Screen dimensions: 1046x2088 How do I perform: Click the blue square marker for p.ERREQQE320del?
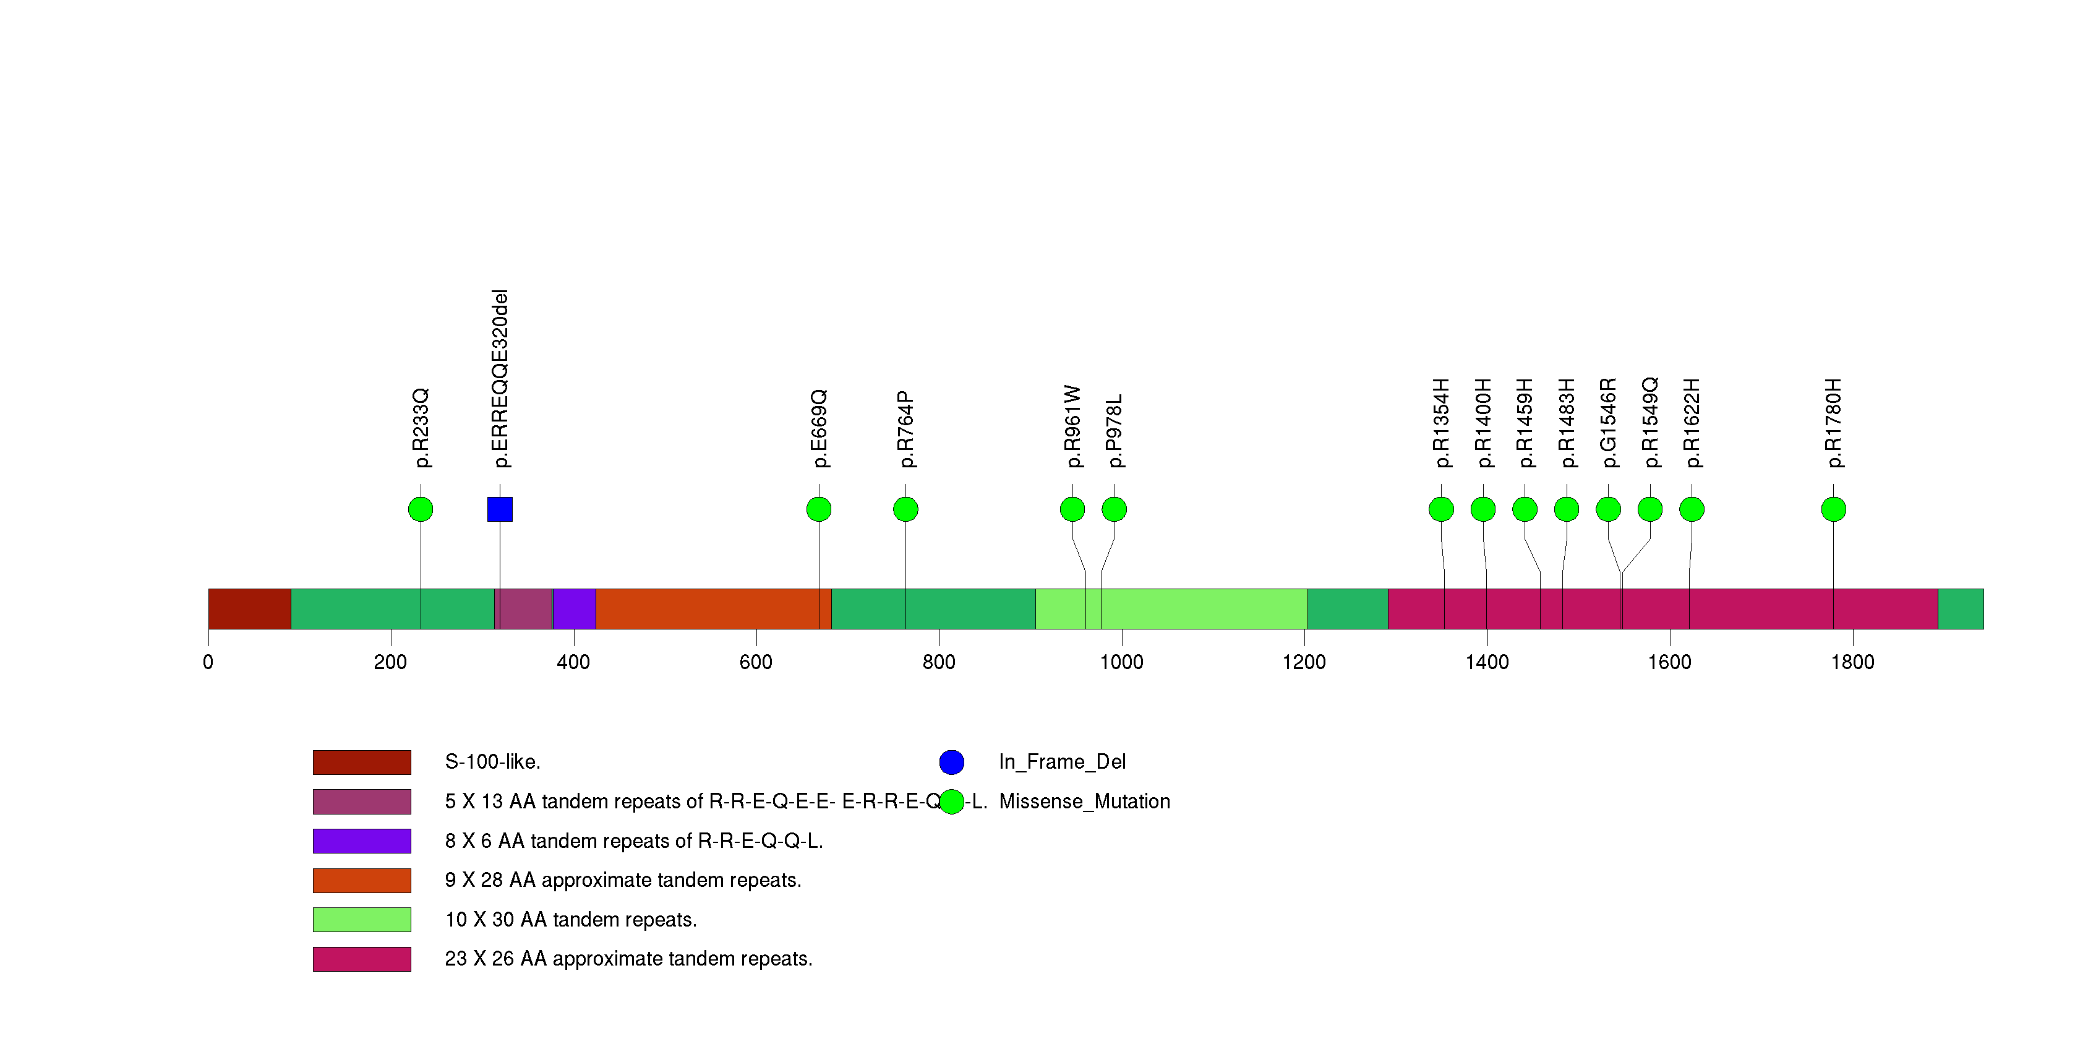(499, 509)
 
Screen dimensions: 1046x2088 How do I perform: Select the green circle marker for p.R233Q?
(420, 509)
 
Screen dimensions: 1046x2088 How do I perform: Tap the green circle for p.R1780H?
(1833, 509)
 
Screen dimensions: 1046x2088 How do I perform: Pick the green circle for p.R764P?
(905, 509)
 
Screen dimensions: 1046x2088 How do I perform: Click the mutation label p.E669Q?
(819, 428)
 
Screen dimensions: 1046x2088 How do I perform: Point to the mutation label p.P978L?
(1115, 431)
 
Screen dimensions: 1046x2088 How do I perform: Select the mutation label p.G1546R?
(1608, 423)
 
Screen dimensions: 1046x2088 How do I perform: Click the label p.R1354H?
(1441, 423)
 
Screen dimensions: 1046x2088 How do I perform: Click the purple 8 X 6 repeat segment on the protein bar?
(574, 609)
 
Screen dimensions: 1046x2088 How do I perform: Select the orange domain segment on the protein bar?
(707, 609)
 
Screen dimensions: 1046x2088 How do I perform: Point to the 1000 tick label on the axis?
(1121, 662)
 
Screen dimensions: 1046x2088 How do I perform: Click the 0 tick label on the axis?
(208, 662)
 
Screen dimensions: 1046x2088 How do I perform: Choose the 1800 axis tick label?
(1852, 662)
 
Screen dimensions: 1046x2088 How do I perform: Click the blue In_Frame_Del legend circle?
(952, 762)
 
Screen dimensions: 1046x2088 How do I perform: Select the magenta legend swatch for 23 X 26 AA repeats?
(362, 959)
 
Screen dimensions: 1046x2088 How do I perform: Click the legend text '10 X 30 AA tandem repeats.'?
(571, 920)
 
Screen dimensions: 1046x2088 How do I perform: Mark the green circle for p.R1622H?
(1692, 509)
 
